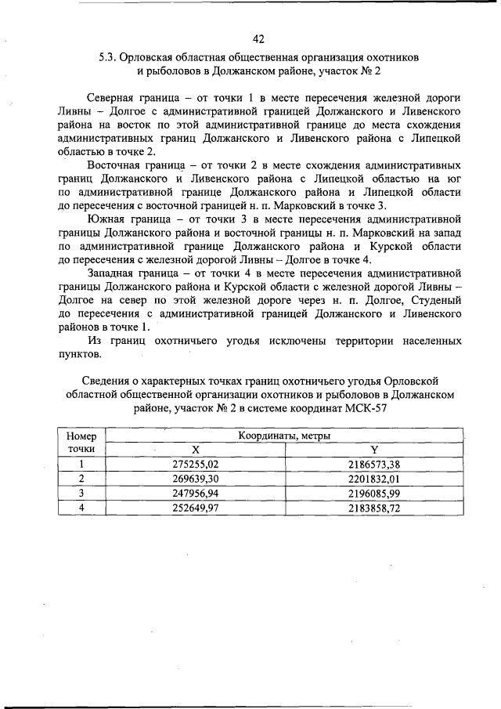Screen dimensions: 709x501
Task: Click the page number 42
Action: pos(259,39)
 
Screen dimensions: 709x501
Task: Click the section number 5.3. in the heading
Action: pos(109,57)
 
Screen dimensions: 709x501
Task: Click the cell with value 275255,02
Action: pos(196,465)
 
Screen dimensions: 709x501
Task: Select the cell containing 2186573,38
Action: pos(373,465)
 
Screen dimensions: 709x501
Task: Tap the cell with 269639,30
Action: pos(196,479)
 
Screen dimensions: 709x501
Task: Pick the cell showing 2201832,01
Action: pos(373,479)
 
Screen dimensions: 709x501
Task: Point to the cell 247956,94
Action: pos(196,493)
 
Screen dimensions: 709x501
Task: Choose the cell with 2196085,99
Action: pos(373,493)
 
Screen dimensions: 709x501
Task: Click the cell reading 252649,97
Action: pos(196,507)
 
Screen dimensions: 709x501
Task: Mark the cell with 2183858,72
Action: pos(373,507)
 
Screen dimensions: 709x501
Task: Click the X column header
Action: pos(196,450)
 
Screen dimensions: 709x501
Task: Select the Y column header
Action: pos(374,450)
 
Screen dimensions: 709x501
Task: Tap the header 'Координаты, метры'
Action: pos(283,436)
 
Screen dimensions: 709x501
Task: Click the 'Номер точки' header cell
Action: pos(81,443)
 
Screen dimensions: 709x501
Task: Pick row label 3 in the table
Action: pos(81,493)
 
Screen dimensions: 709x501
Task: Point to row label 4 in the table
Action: pos(81,507)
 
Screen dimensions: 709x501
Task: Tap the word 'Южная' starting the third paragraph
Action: pos(109,219)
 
